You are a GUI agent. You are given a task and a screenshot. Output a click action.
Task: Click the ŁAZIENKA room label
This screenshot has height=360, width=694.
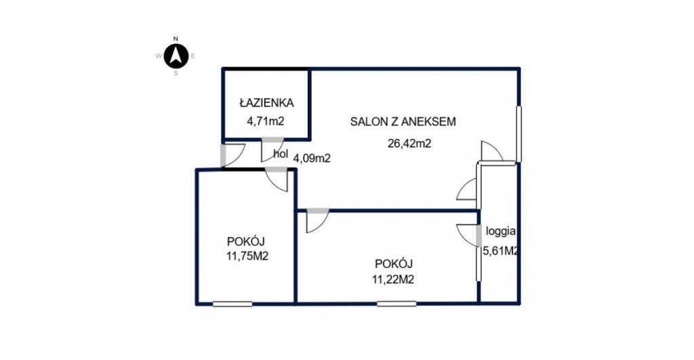(x=266, y=103)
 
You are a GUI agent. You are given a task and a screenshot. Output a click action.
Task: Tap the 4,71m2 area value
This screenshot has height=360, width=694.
(x=266, y=121)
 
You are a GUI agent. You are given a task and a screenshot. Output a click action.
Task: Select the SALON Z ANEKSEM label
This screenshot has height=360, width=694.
(x=403, y=121)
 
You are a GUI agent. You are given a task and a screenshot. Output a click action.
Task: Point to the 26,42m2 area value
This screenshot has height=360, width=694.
(x=409, y=144)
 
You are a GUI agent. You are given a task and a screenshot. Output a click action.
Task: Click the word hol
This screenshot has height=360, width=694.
(x=281, y=154)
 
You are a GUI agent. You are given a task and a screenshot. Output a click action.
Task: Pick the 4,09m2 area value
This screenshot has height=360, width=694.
(x=312, y=158)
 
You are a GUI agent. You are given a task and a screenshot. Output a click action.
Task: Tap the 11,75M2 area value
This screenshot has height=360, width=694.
(x=247, y=256)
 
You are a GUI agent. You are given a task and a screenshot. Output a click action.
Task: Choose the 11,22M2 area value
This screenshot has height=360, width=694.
(x=393, y=279)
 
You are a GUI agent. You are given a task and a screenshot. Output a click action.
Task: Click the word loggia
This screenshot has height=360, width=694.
(x=501, y=231)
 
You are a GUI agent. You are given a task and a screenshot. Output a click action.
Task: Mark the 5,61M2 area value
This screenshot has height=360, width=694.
(x=501, y=251)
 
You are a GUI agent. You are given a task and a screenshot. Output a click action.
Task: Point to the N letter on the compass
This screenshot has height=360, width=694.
(x=176, y=39)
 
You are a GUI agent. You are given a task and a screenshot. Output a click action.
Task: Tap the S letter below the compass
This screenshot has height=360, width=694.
(x=176, y=73)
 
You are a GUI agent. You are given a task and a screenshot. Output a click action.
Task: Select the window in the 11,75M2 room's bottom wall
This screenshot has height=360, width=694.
(x=232, y=304)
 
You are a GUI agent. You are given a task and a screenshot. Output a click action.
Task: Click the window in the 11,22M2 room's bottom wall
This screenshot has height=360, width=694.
(x=396, y=304)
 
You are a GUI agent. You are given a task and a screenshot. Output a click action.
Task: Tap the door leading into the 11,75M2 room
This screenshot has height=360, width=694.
(x=277, y=180)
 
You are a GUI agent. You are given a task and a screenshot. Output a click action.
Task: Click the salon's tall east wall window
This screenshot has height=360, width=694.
(x=518, y=134)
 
